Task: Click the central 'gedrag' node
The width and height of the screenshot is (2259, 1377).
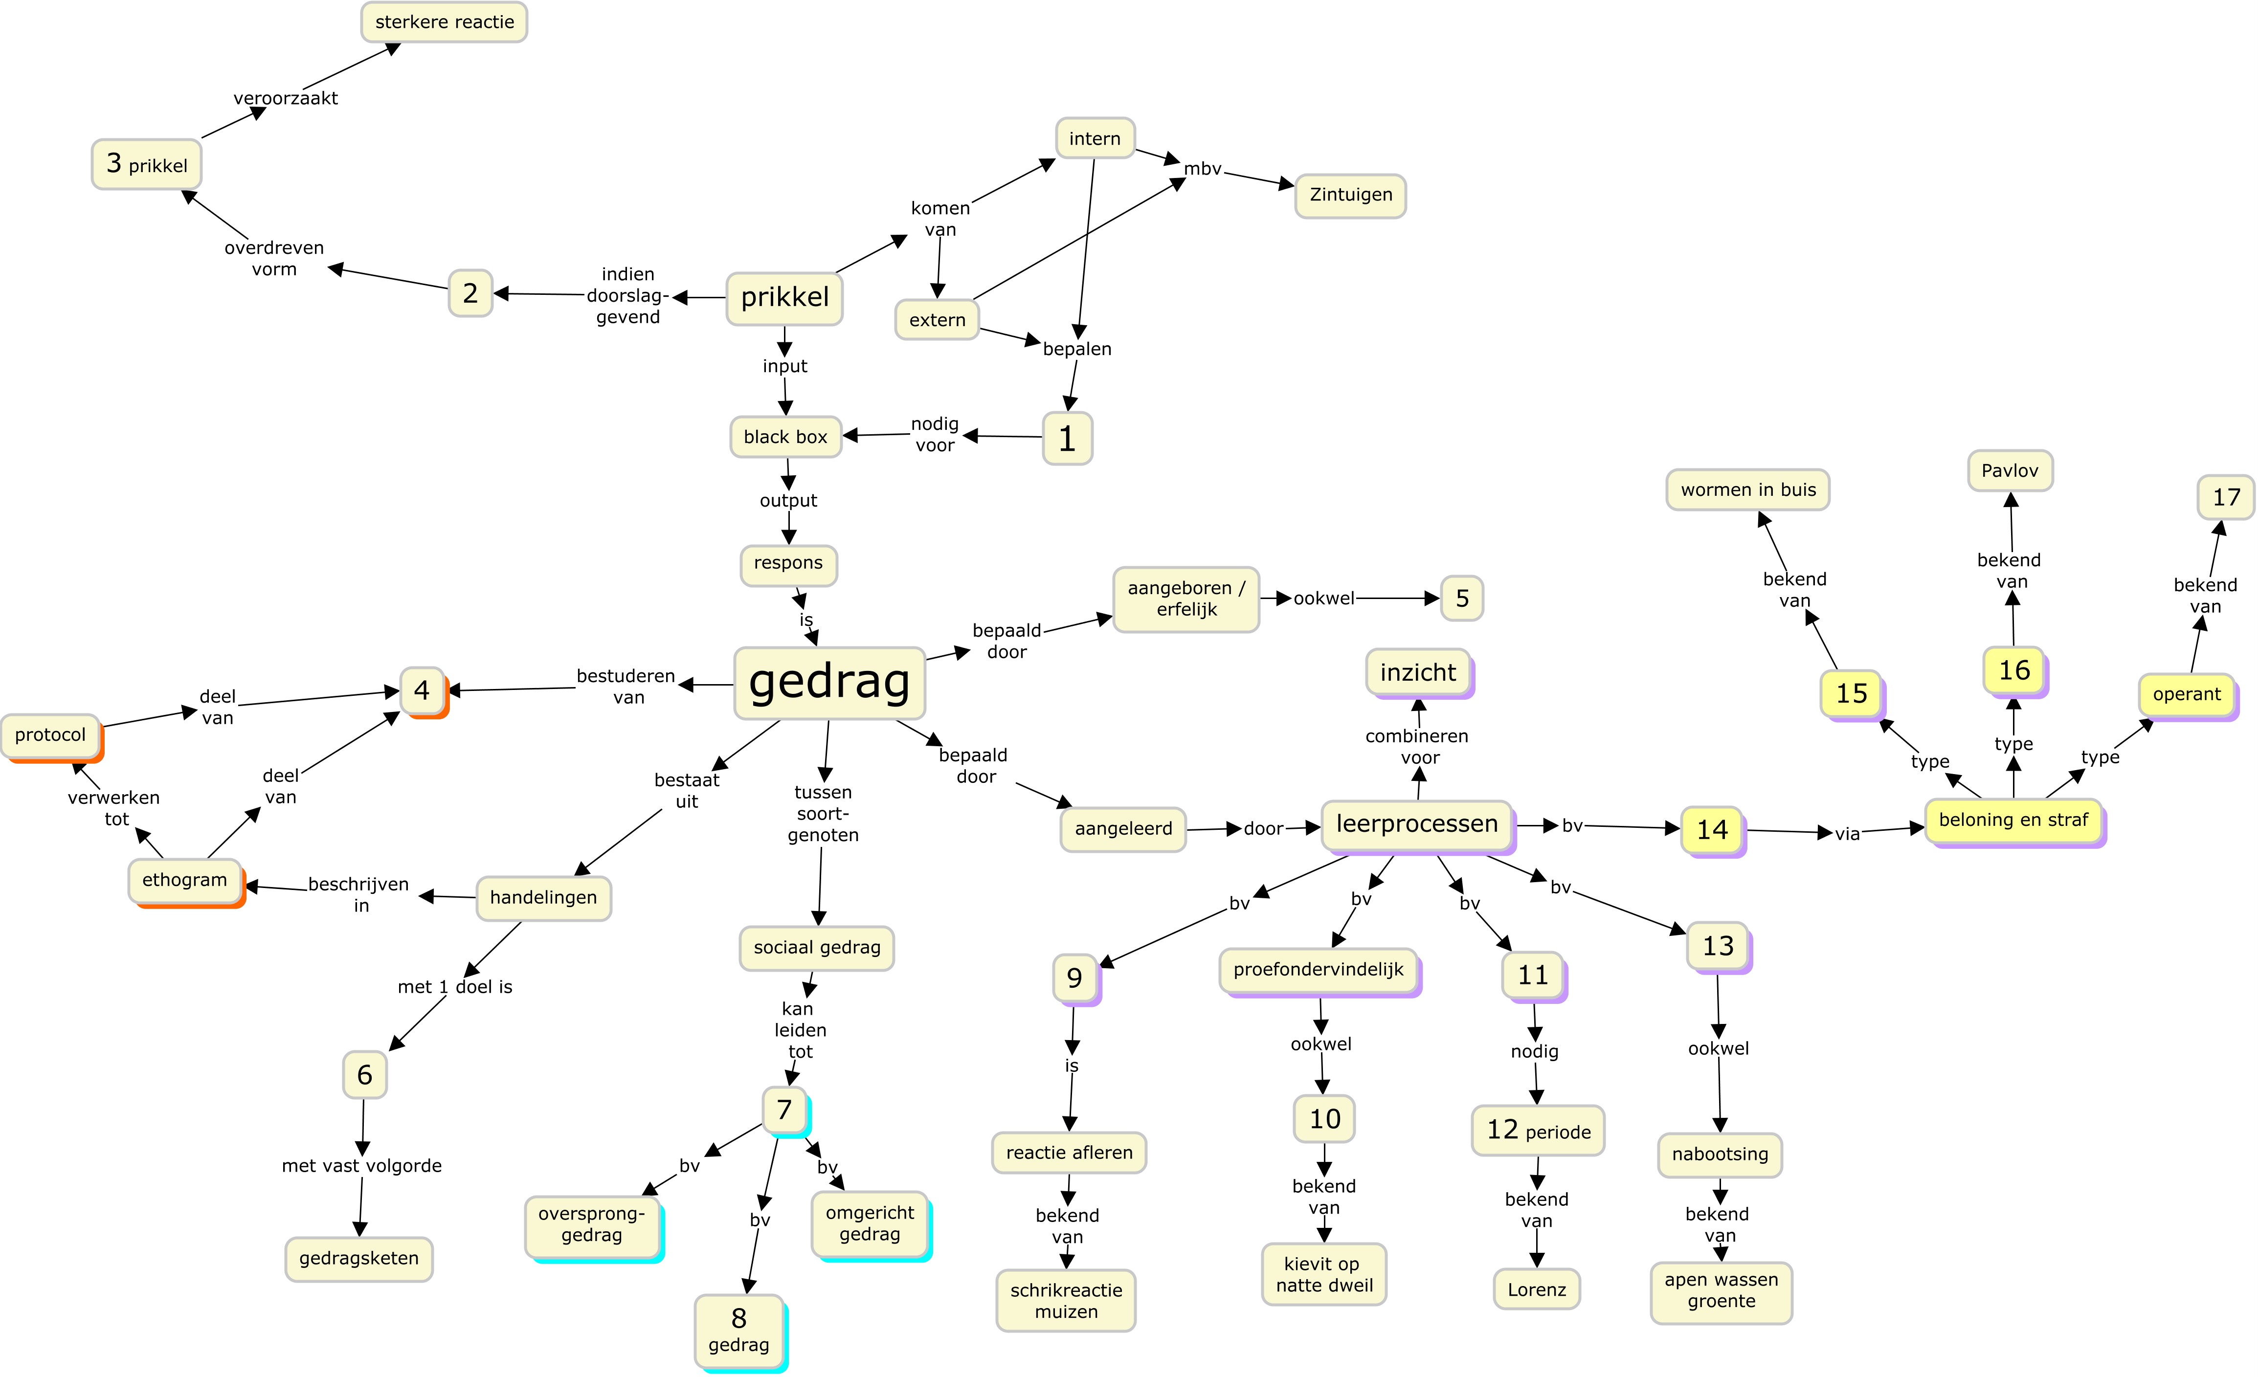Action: (829, 683)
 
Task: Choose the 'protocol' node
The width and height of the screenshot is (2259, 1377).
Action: (50, 735)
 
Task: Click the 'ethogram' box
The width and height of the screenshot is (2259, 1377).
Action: (184, 880)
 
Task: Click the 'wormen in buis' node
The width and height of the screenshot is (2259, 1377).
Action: (1747, 489)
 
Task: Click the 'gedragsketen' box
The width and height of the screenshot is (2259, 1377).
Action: (358, 1259)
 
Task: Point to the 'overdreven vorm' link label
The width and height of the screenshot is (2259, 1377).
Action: (274, 259)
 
